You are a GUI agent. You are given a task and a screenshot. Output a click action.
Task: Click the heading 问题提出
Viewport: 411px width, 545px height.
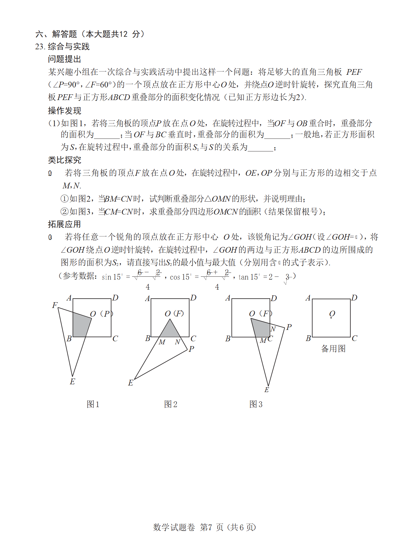click(64, 59)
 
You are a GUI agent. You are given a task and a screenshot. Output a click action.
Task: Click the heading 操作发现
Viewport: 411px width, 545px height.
click(64, 111)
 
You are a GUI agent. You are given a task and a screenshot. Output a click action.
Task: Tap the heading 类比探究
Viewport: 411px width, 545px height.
click(64, 160)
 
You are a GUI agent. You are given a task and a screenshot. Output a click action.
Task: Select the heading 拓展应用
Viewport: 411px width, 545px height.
click(64, 224)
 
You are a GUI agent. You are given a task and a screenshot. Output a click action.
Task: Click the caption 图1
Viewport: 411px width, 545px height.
click(93, 404)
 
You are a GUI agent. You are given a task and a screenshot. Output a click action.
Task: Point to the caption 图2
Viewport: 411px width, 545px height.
click(171, 404)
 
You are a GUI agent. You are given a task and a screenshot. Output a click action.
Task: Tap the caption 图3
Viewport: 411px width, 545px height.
click(256, 404)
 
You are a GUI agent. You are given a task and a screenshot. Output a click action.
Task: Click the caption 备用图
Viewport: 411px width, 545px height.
click(333, 349)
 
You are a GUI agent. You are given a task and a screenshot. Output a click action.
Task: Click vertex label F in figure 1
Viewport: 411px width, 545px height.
click(54, 305)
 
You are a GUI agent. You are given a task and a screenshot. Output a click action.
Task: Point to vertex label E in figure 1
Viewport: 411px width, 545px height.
click(72, 382)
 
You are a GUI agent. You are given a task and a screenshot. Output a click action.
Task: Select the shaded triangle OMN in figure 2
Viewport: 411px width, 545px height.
click(170, 330)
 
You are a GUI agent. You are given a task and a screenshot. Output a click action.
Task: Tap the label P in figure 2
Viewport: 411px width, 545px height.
click(192, 349)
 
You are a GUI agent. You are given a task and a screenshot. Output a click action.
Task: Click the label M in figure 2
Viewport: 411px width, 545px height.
click(162, 342)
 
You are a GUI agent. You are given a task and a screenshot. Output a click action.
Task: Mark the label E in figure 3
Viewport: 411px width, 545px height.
click(267, 390)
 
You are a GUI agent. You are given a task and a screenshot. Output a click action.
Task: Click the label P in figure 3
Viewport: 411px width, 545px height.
click(289, 327)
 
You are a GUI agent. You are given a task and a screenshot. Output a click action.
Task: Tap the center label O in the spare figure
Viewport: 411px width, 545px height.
click(332, 314)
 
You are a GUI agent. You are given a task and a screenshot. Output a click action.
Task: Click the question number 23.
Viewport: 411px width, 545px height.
click(40, 47)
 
